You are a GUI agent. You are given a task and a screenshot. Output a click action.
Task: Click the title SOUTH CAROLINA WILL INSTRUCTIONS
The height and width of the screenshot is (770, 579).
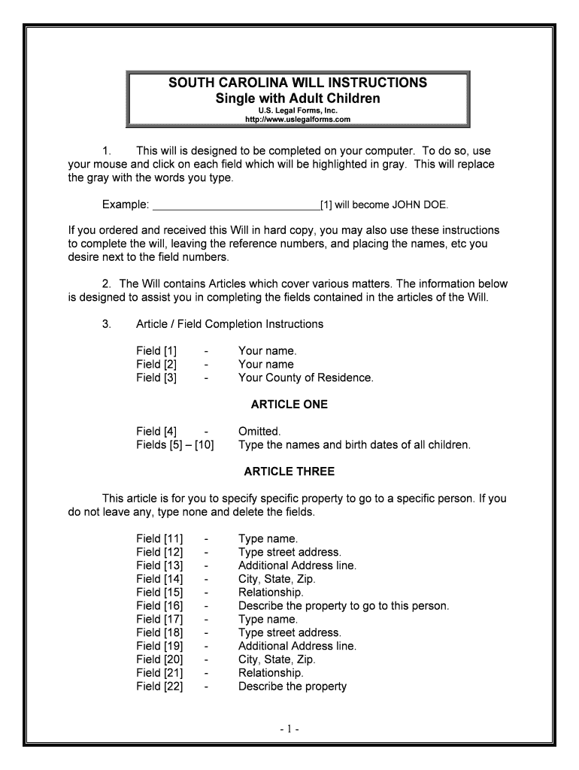coord(298,82)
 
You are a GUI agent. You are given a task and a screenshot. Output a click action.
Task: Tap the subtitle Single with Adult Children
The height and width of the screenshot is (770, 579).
coord(298,99)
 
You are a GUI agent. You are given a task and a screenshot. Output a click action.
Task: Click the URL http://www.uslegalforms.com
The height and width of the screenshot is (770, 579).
coord(298,120)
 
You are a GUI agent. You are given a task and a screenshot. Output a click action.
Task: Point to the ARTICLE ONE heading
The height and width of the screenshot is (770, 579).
coord(289,405)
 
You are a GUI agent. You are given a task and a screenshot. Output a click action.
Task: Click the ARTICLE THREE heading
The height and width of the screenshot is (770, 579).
coord(289,471)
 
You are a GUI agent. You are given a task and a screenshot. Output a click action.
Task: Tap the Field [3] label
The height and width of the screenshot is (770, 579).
coord(156,377)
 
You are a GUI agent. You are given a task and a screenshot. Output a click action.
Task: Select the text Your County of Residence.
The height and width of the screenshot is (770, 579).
coord(305,377)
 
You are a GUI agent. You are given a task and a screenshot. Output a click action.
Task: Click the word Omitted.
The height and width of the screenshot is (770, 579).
coord(259,431)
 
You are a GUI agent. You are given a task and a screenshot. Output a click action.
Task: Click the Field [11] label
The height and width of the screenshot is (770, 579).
coord(159,538)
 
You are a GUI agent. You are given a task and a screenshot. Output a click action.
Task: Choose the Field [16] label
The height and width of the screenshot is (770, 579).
coord(159,605)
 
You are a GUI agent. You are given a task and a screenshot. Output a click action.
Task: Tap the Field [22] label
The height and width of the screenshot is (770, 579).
coord(159,686)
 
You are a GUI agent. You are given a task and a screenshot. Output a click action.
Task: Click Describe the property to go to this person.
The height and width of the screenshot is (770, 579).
coord(343,605)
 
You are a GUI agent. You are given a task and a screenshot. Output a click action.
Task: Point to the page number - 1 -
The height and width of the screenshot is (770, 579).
coord(289,729)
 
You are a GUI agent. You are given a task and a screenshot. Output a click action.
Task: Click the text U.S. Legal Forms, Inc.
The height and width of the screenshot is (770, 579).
coord(298,111)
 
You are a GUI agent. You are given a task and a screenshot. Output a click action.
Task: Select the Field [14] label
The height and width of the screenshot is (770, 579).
coord(159,579)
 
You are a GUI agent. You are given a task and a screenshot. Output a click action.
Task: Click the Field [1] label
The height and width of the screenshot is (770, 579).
coord(156,350)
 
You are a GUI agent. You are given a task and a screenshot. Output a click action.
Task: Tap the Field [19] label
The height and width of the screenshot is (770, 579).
coord(159,646)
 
